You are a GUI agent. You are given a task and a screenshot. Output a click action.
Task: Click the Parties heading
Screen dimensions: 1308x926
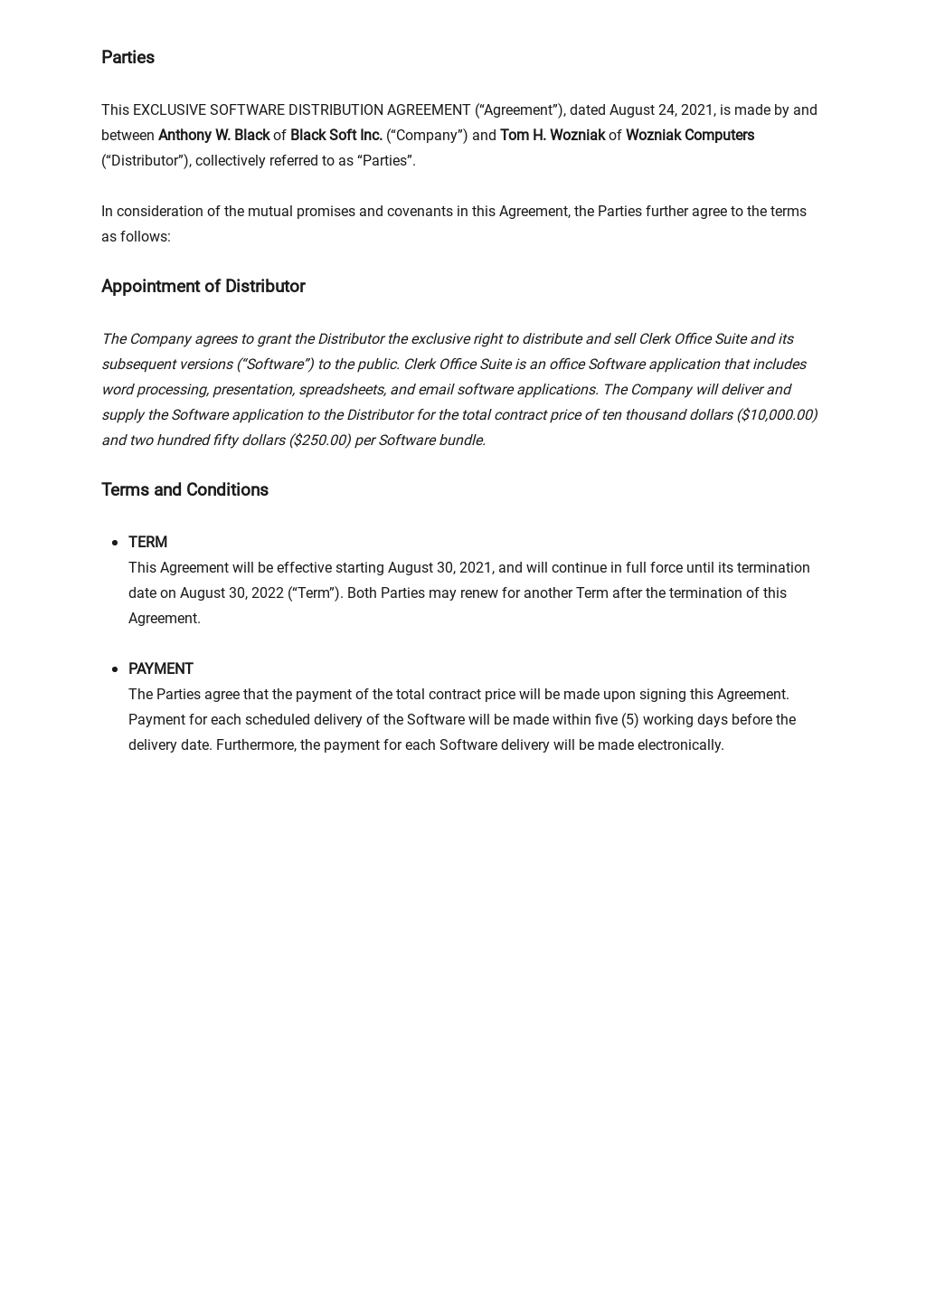pos(128,58)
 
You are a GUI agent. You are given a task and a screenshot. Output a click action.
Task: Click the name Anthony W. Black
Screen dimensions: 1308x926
pos(213,136)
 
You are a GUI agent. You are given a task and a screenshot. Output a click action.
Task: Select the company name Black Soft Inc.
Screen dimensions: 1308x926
pos(335,136)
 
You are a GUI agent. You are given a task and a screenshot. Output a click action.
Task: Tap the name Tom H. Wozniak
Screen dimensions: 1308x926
pos(552,136)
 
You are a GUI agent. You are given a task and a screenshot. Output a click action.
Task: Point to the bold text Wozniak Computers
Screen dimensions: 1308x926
pos(689,136)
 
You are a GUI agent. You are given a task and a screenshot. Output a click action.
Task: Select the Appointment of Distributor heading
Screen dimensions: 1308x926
pos(203,287)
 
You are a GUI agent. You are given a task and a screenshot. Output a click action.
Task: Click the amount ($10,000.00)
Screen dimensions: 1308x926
pos(777,415)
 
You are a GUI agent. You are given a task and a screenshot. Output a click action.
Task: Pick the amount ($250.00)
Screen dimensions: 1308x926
pos(319,441)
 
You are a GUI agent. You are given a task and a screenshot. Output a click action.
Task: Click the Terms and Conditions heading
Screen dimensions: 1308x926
pos(184,490)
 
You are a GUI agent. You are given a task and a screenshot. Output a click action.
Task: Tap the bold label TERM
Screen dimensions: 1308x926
pos(147,543)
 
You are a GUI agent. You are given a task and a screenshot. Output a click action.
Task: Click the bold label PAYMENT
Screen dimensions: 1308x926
pos(160,669)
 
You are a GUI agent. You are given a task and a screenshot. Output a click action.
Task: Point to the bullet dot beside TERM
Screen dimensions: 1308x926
pos(115,543)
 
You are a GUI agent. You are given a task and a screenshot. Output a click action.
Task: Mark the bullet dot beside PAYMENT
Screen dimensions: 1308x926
pos(115,669)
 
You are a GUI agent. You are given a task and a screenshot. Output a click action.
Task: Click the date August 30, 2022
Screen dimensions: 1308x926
pos(231,593)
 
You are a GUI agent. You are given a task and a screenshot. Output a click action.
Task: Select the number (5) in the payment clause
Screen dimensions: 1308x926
pos(629,720)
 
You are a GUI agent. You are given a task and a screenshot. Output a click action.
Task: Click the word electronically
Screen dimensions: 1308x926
pos(680,745)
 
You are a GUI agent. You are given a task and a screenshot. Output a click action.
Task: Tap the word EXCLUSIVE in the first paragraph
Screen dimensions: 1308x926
pos(169,110)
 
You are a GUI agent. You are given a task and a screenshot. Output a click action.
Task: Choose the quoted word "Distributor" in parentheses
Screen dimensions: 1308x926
pos(145,161)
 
